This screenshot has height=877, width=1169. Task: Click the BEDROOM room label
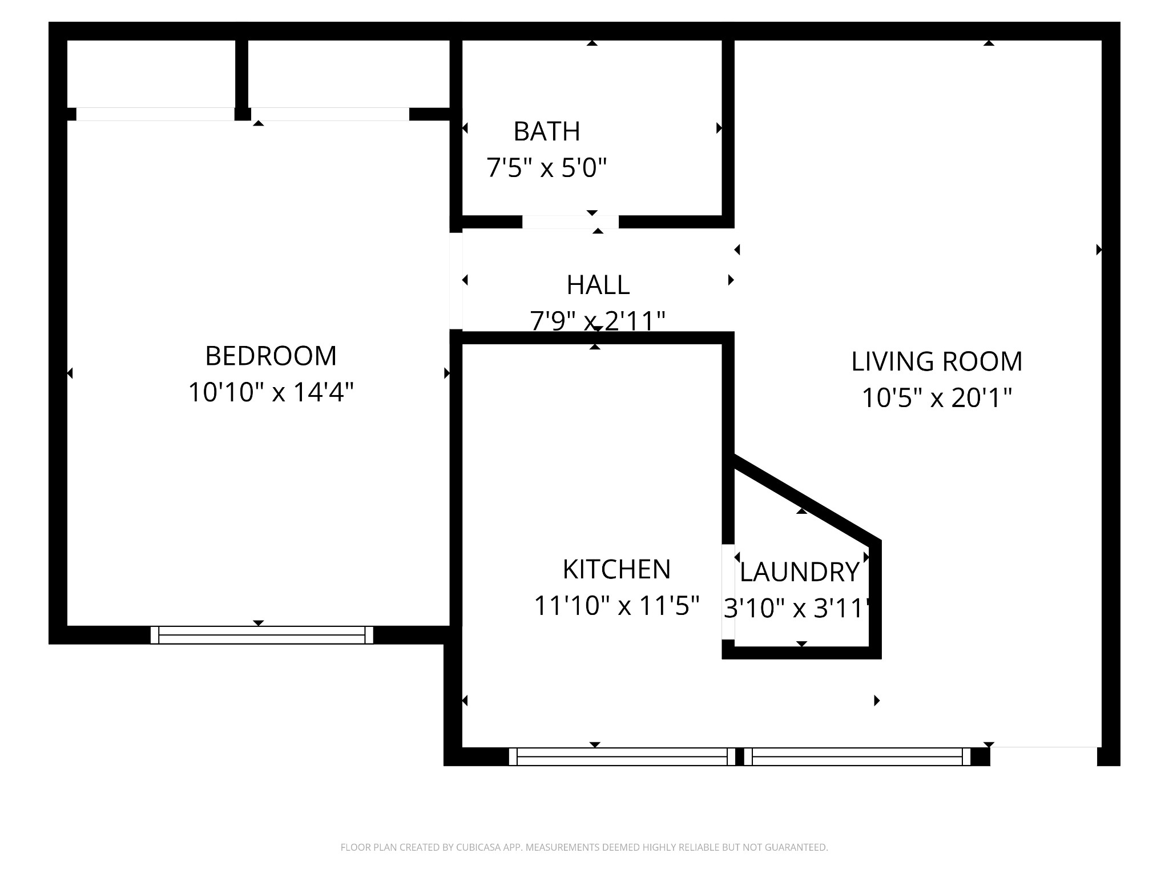tap(271, 356)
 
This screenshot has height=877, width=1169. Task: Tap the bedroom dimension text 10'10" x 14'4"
tap(271, 392)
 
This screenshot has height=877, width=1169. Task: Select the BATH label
tap(547, 131)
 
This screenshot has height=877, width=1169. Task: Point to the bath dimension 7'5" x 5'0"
tap(546, 168)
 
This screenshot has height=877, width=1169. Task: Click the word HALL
tap(598, 285)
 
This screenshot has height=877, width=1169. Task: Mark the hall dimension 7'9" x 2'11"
tap(598, 321)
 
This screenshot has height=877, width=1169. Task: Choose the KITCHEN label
tap(616, 569)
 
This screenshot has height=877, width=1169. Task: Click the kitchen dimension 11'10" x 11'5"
tap(616, 606)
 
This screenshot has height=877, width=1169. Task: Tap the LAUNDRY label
tap(800, 572)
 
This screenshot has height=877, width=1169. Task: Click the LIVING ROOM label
tap(937, 361)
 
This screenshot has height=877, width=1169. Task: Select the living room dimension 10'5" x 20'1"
tap(937, 398)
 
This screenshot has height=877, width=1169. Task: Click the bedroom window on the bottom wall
tap(262, 635)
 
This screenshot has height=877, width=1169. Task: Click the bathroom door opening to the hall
tap(570, 222)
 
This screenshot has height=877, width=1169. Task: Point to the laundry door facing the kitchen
tap(728, 592)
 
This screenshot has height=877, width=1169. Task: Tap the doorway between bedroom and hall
tap(456, 281)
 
